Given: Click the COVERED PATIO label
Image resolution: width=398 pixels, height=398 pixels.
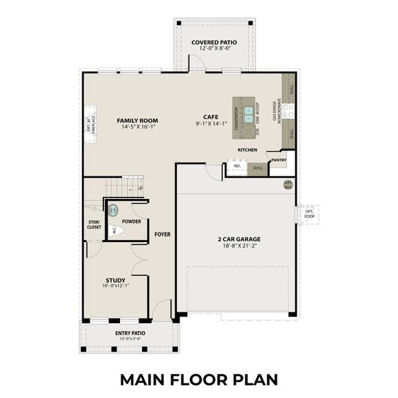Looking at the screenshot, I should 214,43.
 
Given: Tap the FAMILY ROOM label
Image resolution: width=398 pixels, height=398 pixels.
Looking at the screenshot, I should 137,121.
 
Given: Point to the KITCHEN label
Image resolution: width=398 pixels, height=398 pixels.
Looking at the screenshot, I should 247,150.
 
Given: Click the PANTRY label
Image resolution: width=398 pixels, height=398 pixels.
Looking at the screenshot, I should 279,160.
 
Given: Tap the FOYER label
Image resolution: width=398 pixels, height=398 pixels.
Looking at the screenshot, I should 163,234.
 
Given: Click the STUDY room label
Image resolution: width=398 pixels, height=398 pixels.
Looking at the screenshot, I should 115,280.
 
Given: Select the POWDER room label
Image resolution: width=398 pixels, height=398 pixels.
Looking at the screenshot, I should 131,221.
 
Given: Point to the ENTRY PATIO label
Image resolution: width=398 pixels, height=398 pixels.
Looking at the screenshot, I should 131,333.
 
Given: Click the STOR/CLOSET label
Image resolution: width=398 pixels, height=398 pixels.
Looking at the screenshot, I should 94,224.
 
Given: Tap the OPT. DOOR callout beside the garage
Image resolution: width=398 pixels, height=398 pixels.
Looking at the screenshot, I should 310,214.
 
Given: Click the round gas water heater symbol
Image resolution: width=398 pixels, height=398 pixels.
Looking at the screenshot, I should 288,184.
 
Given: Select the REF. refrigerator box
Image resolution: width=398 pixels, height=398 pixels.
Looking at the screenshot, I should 237,168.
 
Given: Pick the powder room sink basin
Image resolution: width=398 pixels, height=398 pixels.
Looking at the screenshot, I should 113,210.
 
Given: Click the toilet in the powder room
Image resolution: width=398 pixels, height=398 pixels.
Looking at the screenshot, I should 114,230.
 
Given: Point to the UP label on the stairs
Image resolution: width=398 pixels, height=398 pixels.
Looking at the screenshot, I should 140,188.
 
